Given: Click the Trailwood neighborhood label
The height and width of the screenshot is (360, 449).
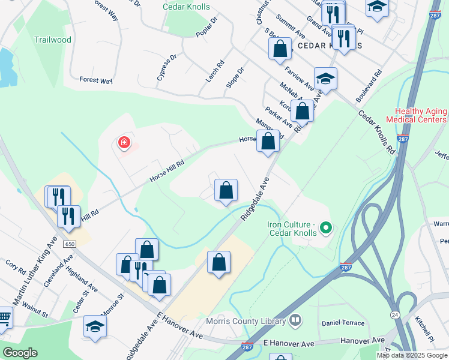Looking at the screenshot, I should (x=53, y=40).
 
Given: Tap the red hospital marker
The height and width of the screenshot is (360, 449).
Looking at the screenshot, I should (x=124, y=143).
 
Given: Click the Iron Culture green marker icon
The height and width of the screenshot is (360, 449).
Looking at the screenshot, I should (x=325, y=227).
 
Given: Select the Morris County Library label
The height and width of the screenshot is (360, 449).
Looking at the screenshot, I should (x=246, y=322).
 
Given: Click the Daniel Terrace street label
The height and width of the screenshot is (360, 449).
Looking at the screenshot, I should (x=343, y=323).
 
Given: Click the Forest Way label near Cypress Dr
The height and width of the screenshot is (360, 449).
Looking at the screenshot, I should (x=96, y=79).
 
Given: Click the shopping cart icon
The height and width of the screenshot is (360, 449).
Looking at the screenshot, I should (x=4, y=317).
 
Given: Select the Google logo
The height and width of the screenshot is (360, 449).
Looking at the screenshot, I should (x=20, y=353).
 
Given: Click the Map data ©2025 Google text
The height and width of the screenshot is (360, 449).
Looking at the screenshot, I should (x=412, y=355).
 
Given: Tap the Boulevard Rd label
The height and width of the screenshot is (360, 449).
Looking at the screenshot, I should (x=369, y=87).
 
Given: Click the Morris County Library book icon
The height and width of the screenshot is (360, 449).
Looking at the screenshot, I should (x=294, y=320).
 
